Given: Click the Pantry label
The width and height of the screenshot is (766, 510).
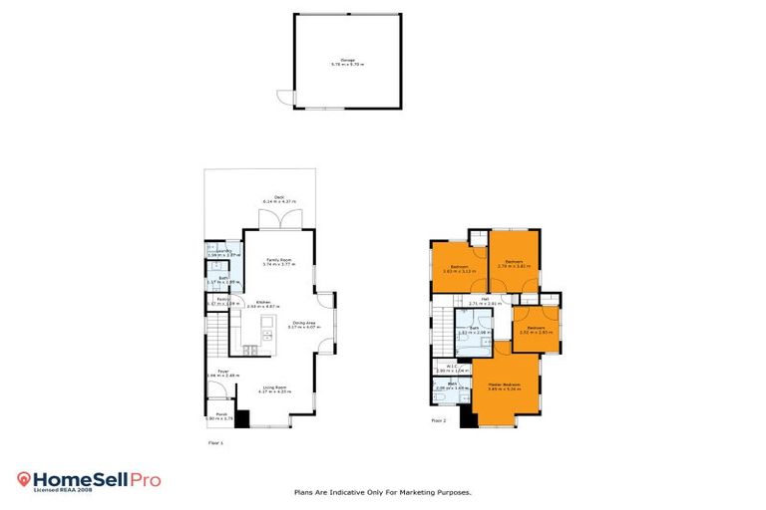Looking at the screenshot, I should pos(223,300).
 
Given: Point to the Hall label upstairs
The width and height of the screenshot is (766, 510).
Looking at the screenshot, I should pos(485,300).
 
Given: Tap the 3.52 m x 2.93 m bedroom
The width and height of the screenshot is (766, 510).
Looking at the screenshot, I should pos(537,330).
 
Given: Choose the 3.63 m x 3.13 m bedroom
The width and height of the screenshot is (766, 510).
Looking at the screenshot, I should pos(459,268).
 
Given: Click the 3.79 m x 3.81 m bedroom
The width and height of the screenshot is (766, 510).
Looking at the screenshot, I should pos(515,264).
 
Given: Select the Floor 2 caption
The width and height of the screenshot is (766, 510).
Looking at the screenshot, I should pos(438,420).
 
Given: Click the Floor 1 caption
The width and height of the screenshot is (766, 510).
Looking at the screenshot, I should pos(214,441).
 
